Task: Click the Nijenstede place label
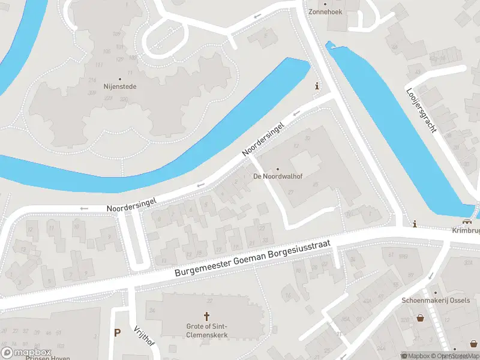point(120,86)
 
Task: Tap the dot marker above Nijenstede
point(120,79)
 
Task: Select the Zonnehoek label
point(326,11)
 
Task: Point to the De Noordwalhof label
point(277,176)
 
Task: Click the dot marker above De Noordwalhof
point(277,169)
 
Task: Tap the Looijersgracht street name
point(424,110)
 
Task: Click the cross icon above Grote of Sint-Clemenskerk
point(207,316)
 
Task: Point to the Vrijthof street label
point(144,335)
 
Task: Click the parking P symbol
point(117,332)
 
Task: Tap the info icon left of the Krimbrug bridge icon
point(415,224)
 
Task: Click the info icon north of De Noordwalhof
point(317,87)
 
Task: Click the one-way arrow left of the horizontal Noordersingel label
point(84,208)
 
